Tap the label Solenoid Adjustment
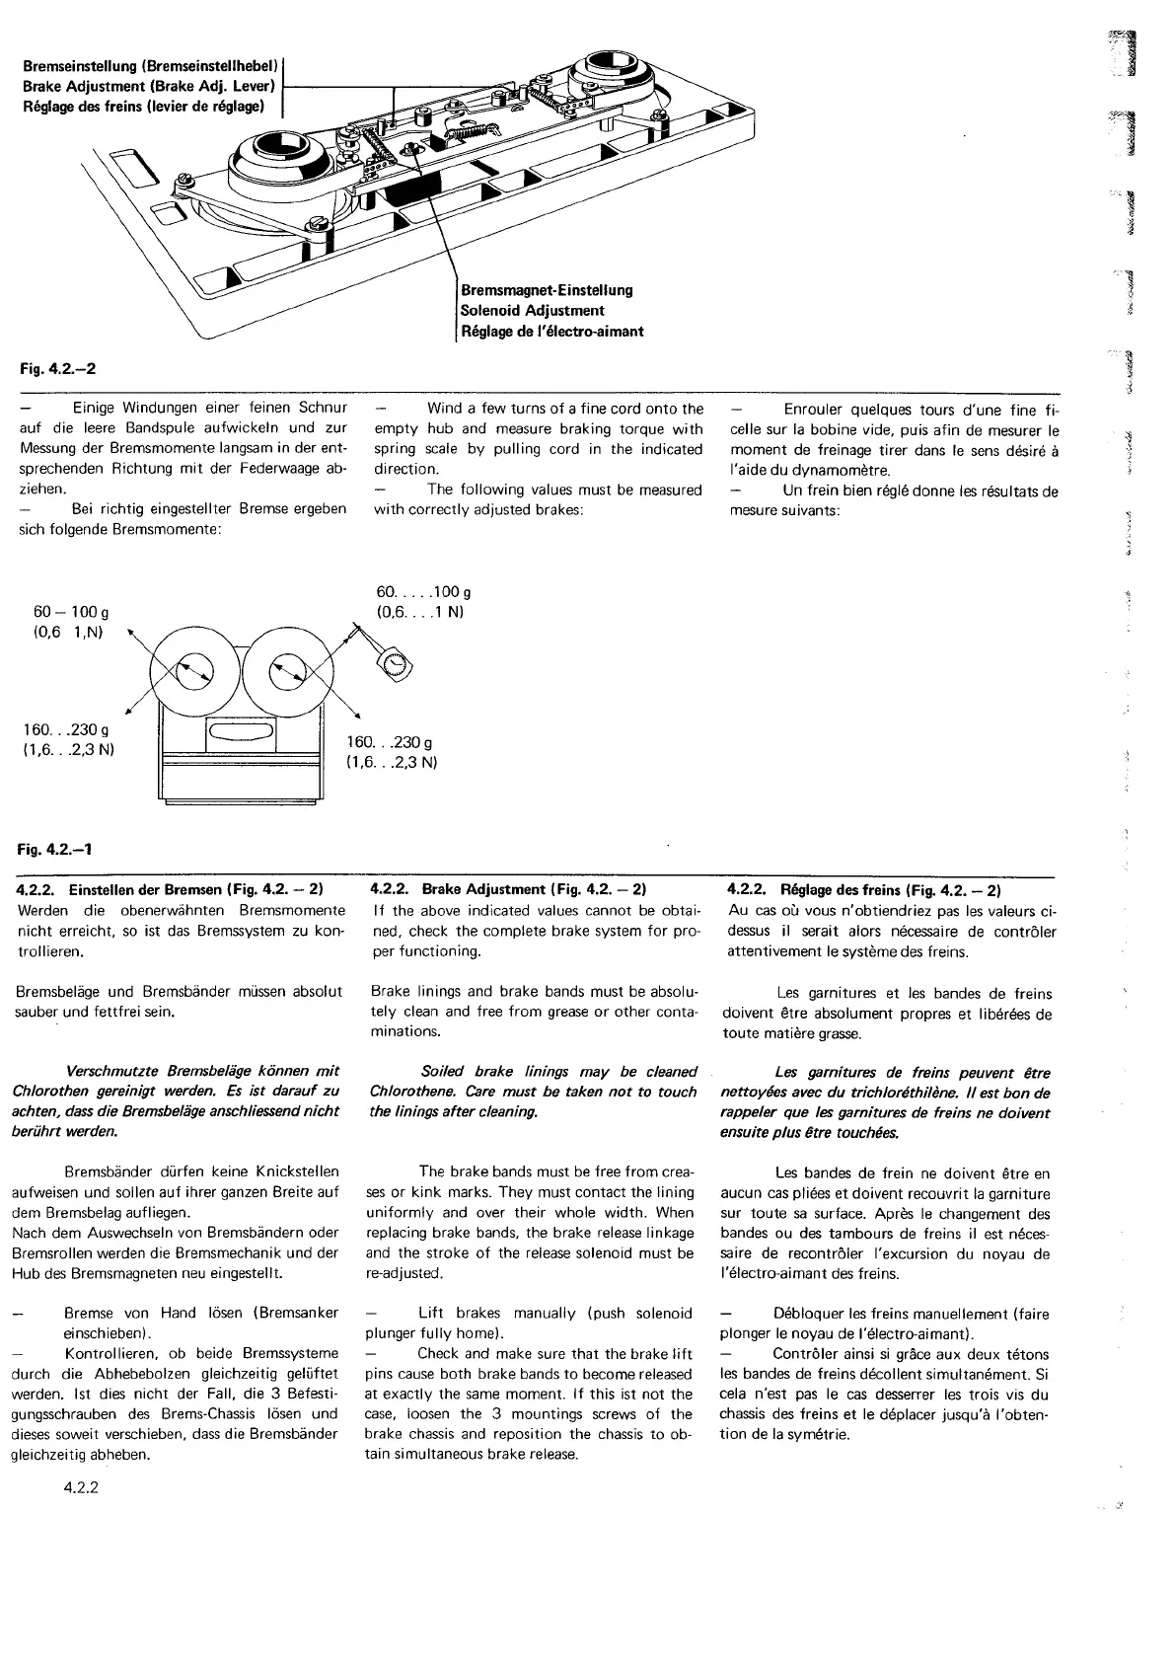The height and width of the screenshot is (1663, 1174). click(532, 311)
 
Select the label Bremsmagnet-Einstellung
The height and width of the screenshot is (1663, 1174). click(547, 290)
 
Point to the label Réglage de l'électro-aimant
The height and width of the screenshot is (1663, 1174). click(551, 332)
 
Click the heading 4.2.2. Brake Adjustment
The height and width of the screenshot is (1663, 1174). click(509, 889)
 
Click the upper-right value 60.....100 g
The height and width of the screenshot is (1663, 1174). click(423, 592)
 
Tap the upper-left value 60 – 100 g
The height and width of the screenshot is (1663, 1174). click(71, 612)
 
